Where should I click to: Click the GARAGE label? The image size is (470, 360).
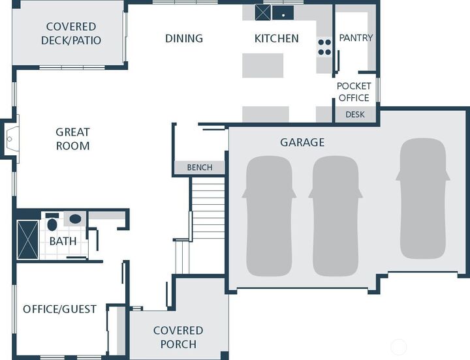pos(302,142)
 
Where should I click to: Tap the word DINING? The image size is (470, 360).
pos(184,38)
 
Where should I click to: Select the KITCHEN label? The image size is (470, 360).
pos(276,38)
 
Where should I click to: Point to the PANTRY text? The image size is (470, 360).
pos(356,38)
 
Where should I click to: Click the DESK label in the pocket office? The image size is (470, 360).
pos(355,114)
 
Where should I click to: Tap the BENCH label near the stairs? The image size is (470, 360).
pos(200,167)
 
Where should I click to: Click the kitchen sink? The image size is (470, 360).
pos(283,13)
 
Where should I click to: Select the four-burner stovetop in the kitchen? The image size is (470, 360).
pos(324,47)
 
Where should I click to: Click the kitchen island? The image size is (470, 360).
pos(262,65)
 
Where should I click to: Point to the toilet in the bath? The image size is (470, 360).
pos(52,222)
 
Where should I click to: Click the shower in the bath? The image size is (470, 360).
pos(28,239)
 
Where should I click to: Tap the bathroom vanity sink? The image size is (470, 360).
pos(75,219)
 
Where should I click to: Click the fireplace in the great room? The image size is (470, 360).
pos(10,139)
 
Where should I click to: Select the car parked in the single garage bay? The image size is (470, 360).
pos(423,198)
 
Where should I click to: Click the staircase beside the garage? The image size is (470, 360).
pos(208,208)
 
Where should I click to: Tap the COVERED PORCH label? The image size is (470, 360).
pos(178,337)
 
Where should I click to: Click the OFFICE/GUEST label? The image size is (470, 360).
pos(59,309)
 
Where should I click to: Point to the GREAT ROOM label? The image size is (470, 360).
pos(73,139)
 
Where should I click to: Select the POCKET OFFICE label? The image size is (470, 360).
pos(354,92)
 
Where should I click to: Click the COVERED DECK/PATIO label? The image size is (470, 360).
pos(71,33)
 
